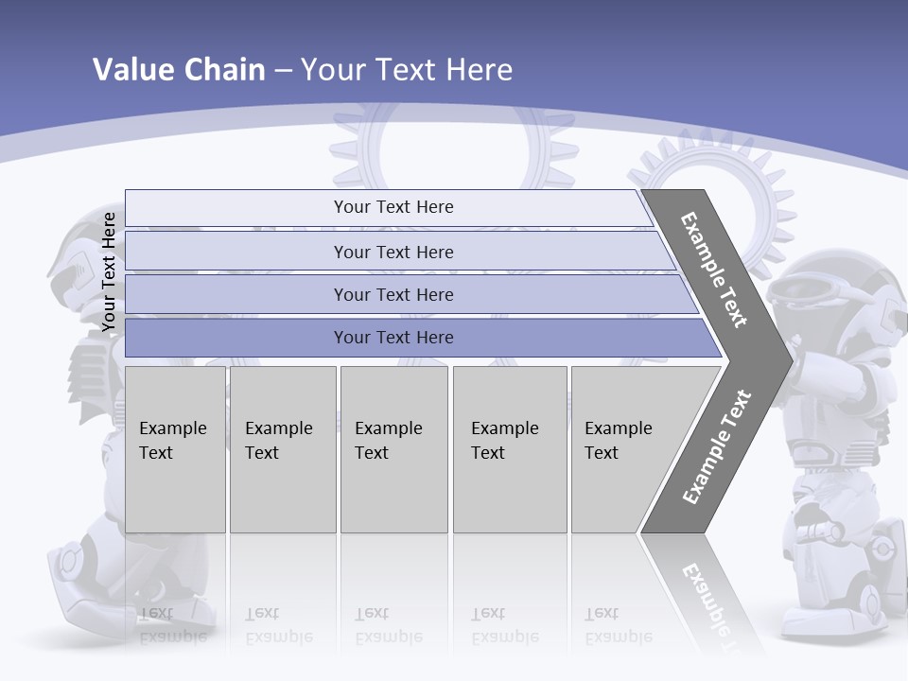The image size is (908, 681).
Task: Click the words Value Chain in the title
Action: coord(179,70)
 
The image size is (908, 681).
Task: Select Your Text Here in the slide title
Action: coord(407,70)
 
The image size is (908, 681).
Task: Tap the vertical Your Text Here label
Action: coord(109,271)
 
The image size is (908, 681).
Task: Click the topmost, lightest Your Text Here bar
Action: coord(393,207)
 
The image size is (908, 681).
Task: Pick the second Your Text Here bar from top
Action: coord(393,252)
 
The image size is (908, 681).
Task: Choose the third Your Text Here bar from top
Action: coord(393,294)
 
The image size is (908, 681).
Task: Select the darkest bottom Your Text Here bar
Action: coord(393,338)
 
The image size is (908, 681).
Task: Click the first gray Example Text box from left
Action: coord(175,449)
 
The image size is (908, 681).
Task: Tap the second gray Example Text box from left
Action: coord(282,449)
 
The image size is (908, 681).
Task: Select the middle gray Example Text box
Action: coord(393,449)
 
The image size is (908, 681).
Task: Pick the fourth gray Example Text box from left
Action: coord(509,449)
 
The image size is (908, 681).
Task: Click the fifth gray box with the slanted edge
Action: coord(624,449)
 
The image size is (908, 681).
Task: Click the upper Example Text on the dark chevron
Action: coord(714,270)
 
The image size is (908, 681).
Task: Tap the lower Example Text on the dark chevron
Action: coord(717,446)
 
